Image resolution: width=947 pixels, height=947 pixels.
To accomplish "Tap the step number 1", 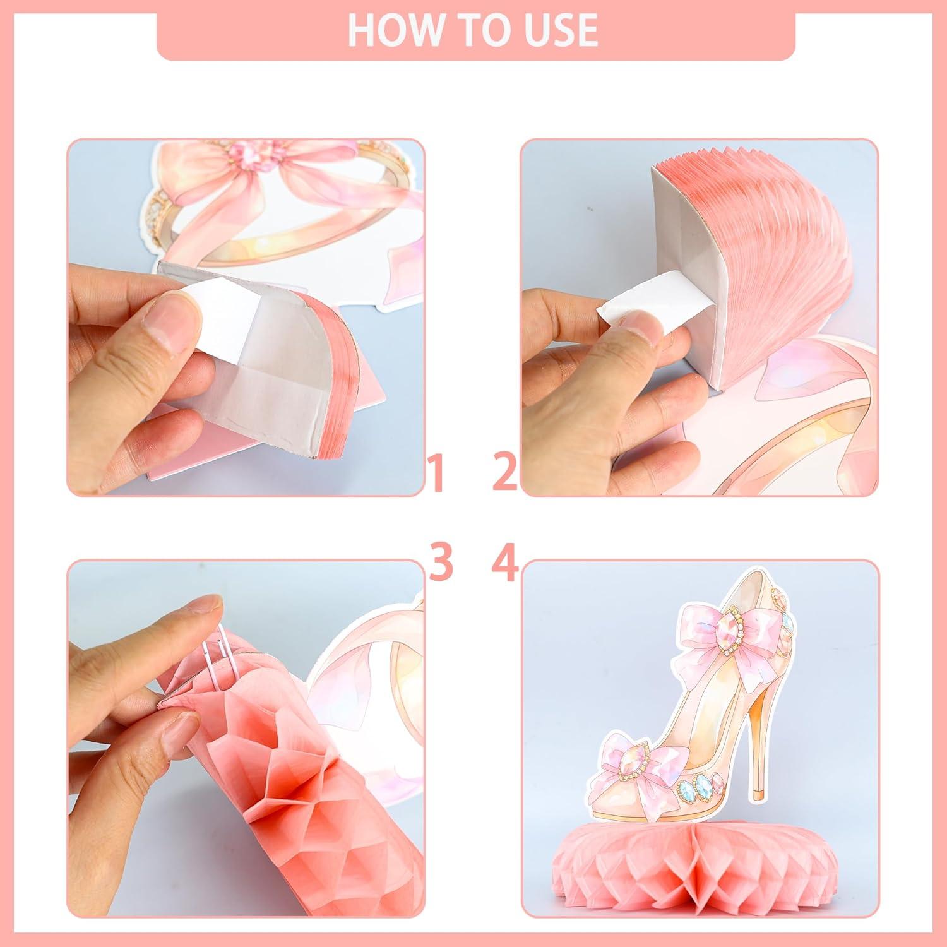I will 440,475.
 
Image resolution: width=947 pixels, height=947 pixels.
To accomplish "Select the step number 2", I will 506,475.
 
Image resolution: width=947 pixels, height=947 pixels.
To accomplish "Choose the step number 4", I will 506,564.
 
